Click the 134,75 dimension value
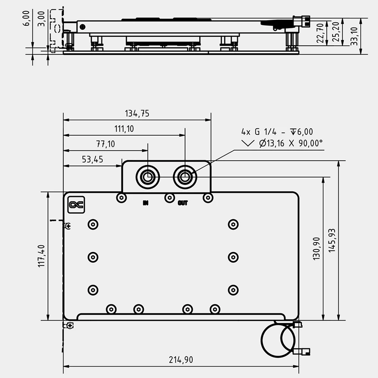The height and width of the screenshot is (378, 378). [x=137, y=113]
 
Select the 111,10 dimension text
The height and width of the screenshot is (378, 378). [x=124, y=129]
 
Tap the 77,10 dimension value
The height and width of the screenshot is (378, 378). [x=105, y=144]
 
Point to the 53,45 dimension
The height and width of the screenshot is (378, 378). [x=93, y=159]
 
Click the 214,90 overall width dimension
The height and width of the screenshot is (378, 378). [x=181, y=360]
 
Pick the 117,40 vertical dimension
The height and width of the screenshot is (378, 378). [x=42, y=256]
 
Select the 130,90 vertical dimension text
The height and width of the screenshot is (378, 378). [x=316, y=248]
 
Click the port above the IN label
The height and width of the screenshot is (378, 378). [x=147, y=177]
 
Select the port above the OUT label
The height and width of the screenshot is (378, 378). [x=185, y=177]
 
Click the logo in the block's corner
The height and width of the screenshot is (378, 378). [x=76, y=205]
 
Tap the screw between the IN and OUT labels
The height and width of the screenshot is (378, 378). [x=169, y=197]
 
